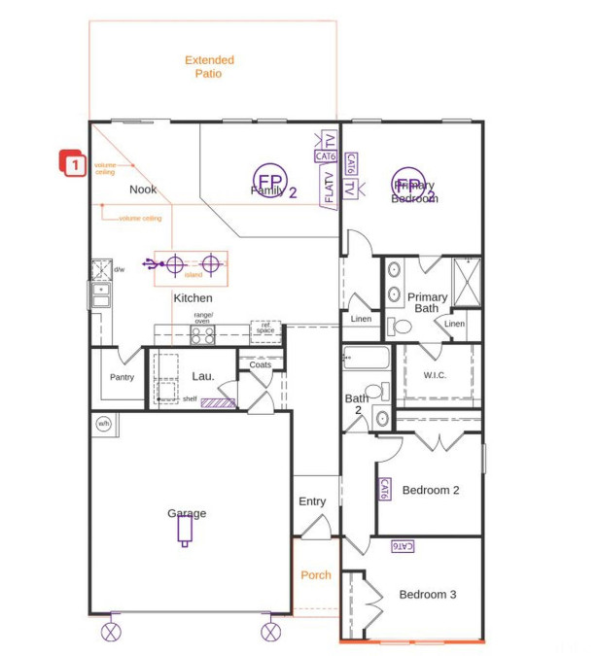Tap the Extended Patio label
[209, 66]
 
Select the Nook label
[143, 190]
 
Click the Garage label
[186, 513]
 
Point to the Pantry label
[122, 377]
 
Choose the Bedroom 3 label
[427, 594]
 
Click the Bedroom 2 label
[430, 490]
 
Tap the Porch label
[315, 574]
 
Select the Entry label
[312, 501]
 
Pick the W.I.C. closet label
[435, 374]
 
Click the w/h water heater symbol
[103, 423]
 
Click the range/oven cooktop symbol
[202, 335]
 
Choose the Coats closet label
[260, 364]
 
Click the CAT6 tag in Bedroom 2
[384, 489]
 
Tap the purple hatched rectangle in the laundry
[218, 401]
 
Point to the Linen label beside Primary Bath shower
[454, 324]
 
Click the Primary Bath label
[427, 302]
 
